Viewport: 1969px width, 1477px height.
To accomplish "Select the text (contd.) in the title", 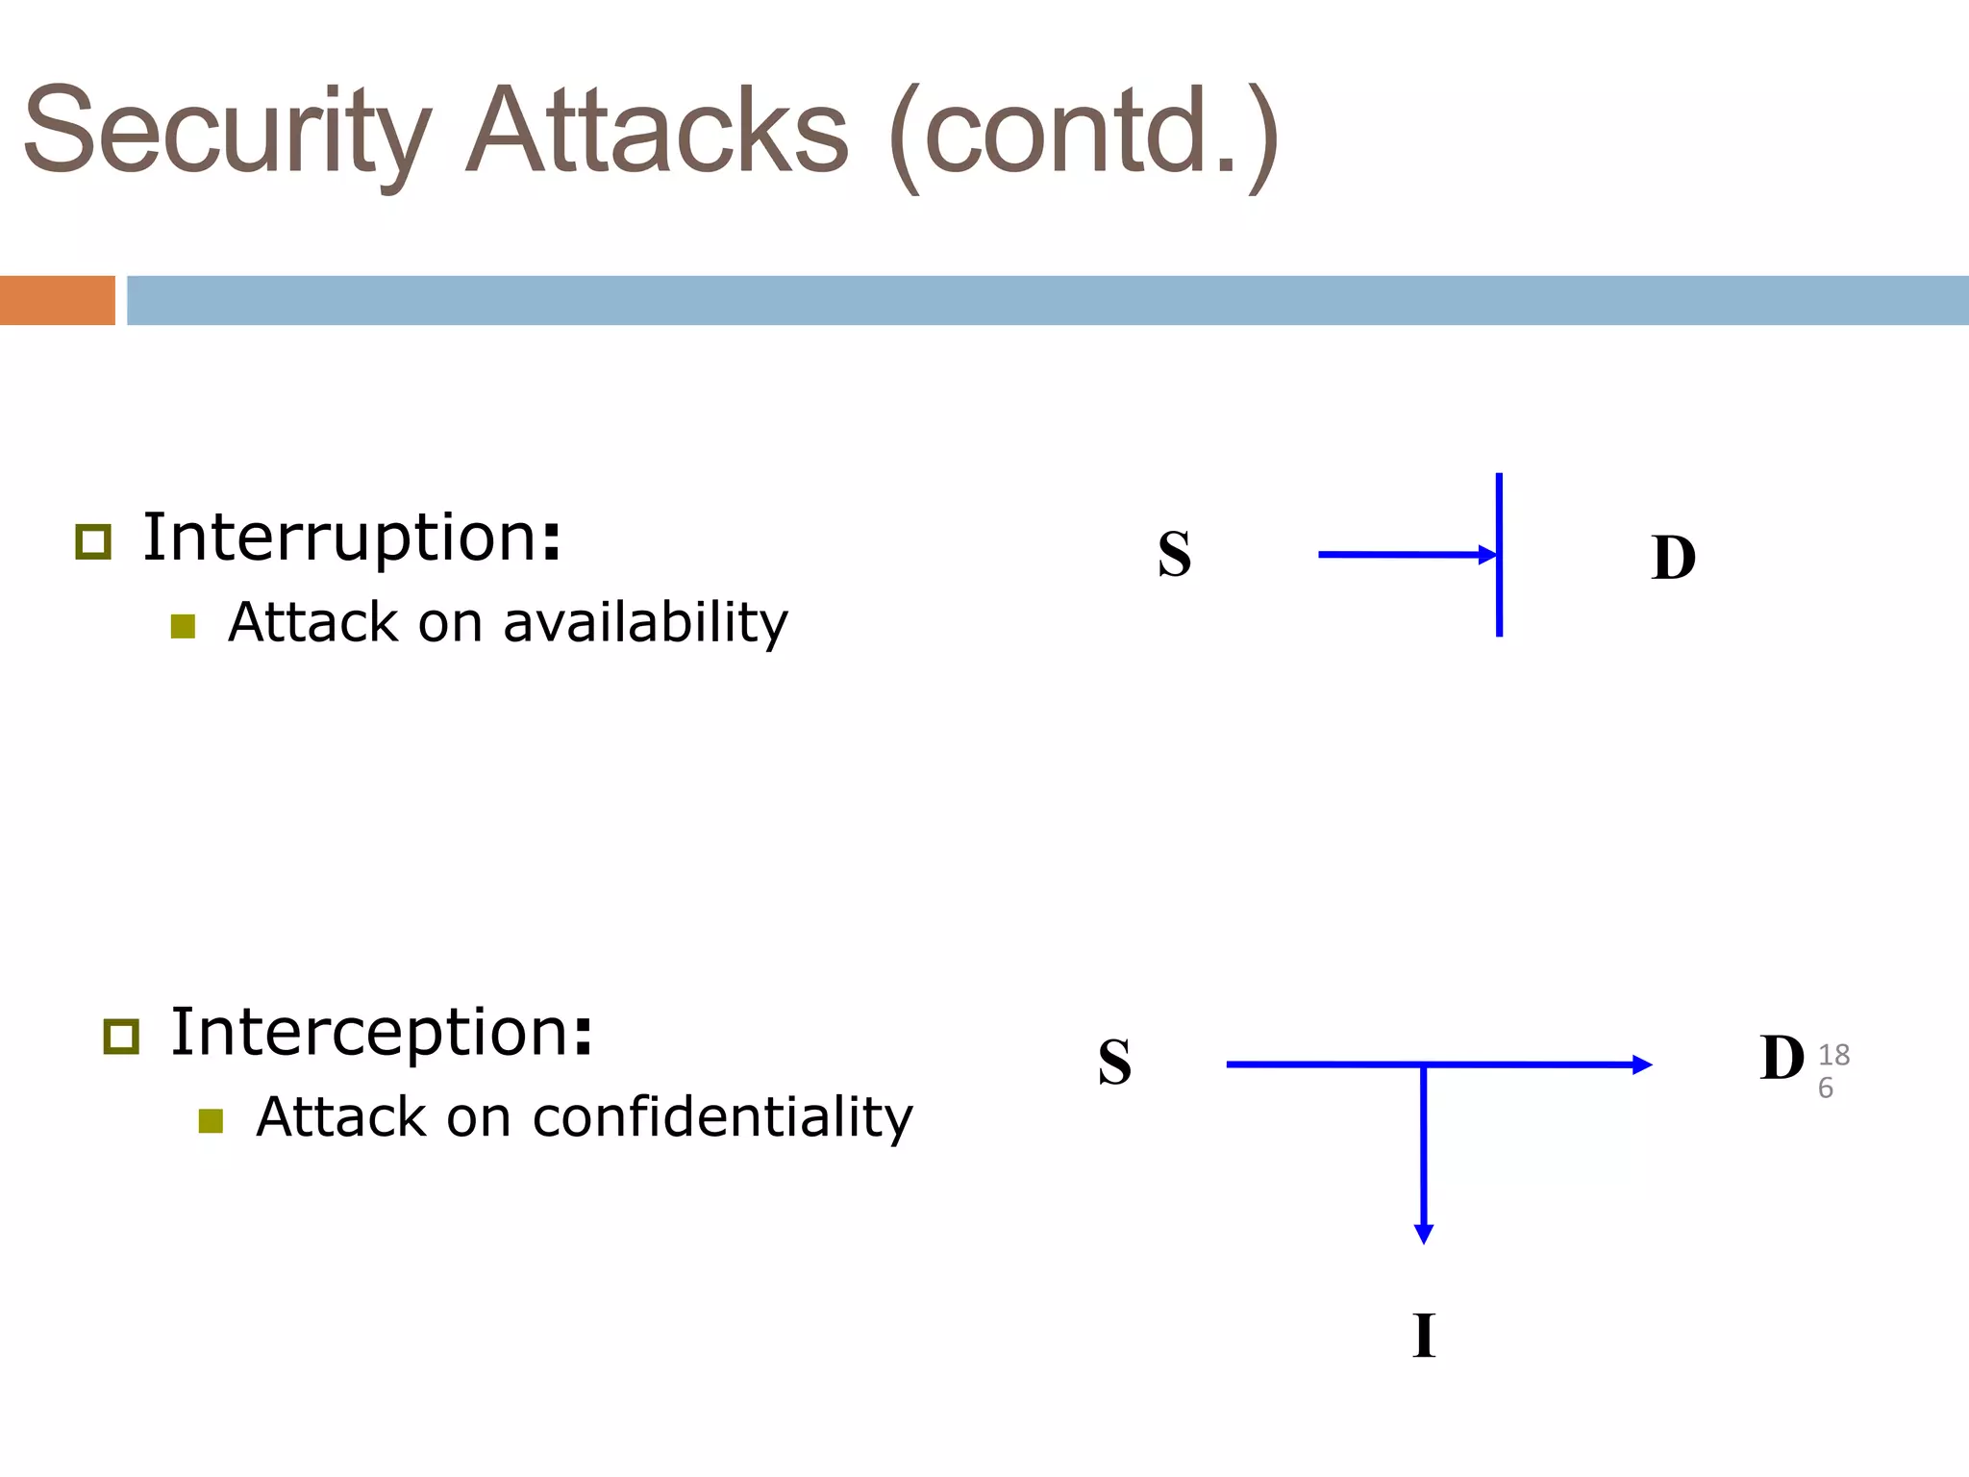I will (x=1083, y=135).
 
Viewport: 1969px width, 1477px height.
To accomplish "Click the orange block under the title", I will (x=57, y=300).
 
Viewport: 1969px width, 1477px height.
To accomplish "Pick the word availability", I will (x=645, y=623).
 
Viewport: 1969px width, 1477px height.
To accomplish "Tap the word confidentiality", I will (x=722, y=1117).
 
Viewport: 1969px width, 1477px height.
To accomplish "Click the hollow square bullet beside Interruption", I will (x=93, y=542).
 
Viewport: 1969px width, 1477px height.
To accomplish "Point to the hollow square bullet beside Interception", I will (x=121, y=1037).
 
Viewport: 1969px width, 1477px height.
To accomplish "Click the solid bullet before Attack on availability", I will (x=183, y=627).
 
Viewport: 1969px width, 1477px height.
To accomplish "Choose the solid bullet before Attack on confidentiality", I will (x=211, y=1121).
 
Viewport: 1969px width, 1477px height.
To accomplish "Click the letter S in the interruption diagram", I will (x=1174, y=555).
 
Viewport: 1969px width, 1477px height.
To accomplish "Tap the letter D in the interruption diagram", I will (x=1673, y=558).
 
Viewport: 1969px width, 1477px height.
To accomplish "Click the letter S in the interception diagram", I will (x=1114, y=1063).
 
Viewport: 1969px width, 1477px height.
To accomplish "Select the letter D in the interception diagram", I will (x=1782, y=1059).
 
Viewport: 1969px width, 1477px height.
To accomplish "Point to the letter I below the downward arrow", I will (x=1424, y=1336).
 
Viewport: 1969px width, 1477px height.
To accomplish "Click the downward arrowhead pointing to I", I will (x=1424, y=1234).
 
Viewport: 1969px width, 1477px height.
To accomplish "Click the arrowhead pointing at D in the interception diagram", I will (x=1642, y=1064).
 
